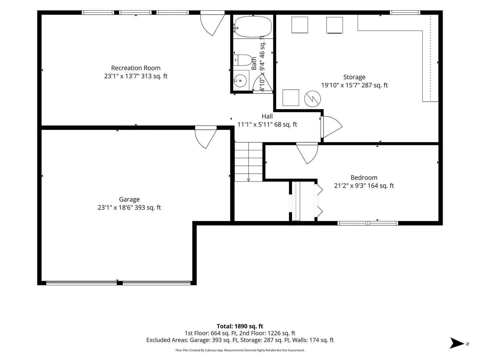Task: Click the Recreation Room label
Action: click(x=136, y=68)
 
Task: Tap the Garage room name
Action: click(x=129, y=199)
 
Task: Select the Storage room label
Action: click(x=354, y=77)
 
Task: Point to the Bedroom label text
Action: click(x=364, y=177)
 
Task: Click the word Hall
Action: click(x=267, y=116)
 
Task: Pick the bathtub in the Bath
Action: click(x=253, y=26)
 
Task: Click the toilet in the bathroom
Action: click(x=243, y=60)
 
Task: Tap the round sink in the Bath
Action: click(x=240, y=81)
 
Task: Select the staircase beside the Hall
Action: click(x=249, y=162)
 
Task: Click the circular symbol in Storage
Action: click(x=312, y=99)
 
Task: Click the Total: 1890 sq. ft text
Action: click(x=240, y=326)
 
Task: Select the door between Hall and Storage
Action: click(x=331, y=127)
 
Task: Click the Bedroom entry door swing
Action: click(x=307, y=153)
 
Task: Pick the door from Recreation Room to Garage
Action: click(x=206, y=137)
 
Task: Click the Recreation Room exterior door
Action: click(x=212, y=23)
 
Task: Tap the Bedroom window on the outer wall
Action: click(x=368, y=223)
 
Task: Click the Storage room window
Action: click(x=405, y=13)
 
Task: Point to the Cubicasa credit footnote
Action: click(x=240, y=350)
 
